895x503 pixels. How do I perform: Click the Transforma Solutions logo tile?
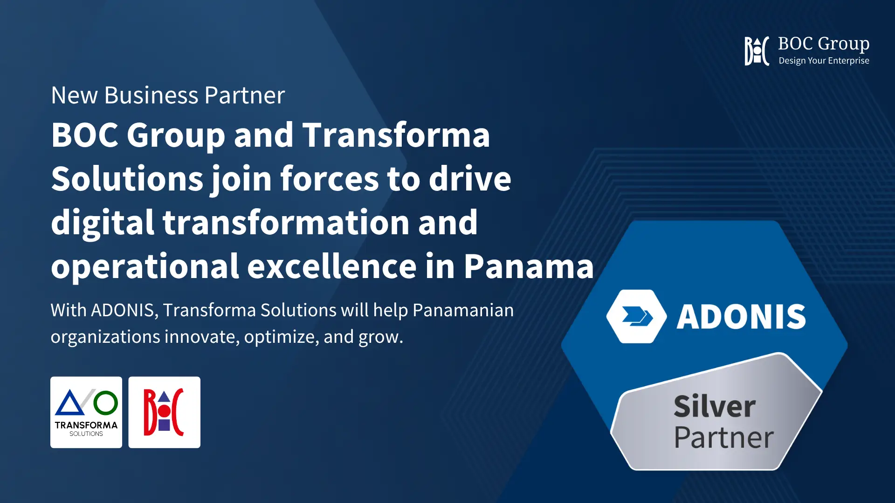coord(86,412)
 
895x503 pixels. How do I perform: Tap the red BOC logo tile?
coord(165,412)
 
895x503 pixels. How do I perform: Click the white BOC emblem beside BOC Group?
coord(757,51)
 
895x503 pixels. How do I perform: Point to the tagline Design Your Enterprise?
coord(824,61)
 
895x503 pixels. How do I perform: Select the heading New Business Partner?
coord(168,95)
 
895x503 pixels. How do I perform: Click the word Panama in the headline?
coord(529,266)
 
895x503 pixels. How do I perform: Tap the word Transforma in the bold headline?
coord(396,135)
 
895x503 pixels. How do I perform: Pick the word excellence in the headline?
coord(332,266)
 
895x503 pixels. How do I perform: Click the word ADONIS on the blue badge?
coord(741,317)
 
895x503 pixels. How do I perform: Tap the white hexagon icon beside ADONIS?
coord(637,317)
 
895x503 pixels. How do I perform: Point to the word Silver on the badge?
coord(715,406)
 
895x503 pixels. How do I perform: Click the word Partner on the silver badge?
coord(724,437)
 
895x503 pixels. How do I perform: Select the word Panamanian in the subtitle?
coord(463,310)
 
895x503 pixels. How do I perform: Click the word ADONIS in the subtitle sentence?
coord(123,311)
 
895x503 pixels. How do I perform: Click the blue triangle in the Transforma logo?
coord(70,403)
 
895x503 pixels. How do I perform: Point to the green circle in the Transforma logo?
coord(106,403)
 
